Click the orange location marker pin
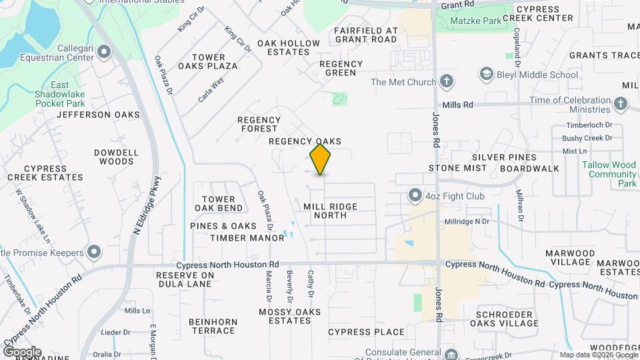click(x=321, y=159)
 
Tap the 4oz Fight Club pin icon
click(x=415, y=196)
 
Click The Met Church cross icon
click(x=447, y=82)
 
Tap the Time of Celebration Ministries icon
click(x=621, y=105)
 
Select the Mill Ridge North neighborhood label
click(x=331, y=211)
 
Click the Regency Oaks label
click(x=305, y=141)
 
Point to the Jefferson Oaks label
click(x=99, y=115)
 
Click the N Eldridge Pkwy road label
click(x=148, y=204)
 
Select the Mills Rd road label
click(x=457, y=105)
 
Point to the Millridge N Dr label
click(x=467, y=221)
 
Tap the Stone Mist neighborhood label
click(x=454, y=168)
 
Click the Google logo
click(x=22, y=351)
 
